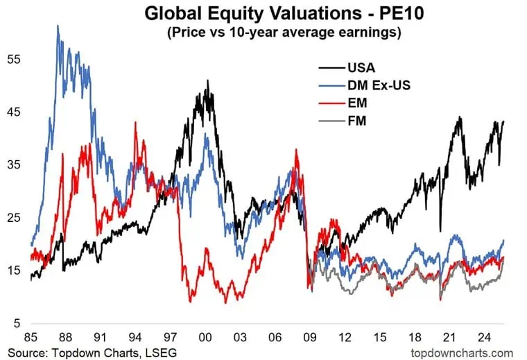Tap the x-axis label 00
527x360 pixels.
click(x=205, y=338)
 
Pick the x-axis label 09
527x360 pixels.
click(x=310, y=338)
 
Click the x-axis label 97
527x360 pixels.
click(x=171, y=338)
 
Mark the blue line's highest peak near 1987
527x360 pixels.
click(x=58, y=26)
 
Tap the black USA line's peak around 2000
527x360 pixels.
click(x=207, y=80)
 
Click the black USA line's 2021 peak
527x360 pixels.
click(x=459, y=117)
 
